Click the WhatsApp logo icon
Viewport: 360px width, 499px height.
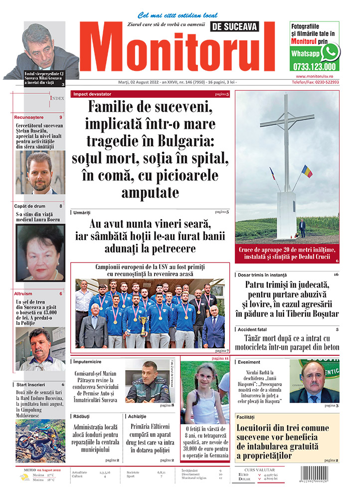(330, 52)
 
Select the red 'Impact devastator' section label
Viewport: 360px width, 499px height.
(92, 94)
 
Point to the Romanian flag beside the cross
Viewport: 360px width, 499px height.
(307, 171)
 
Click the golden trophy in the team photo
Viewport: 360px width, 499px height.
(144, 323)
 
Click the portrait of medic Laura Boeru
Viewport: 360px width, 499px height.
(40, 252)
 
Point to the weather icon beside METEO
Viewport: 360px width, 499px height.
(24, 478)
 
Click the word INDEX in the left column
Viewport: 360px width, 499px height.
(57, 99)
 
